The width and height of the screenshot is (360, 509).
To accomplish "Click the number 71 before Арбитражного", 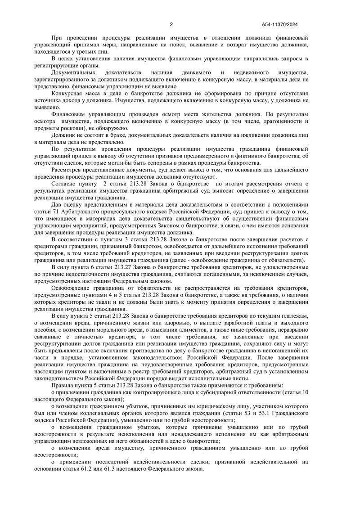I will pyautogui.click(x=56, y=212).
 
